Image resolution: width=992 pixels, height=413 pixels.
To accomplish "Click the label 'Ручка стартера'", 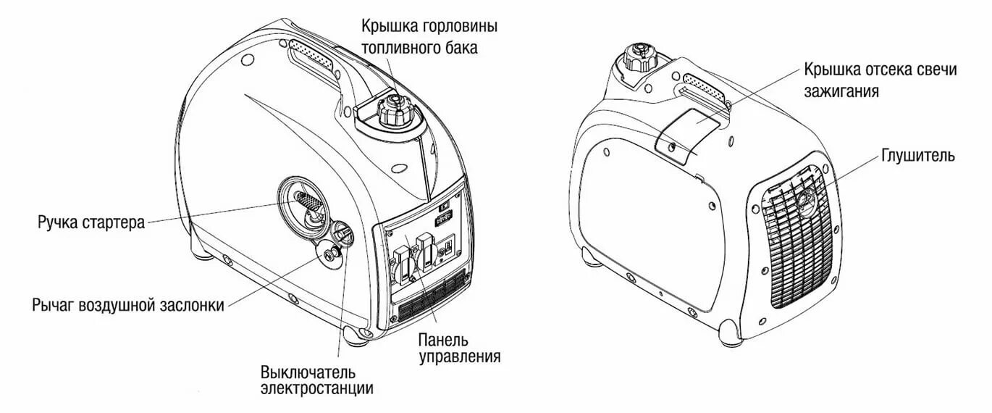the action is tap(91, 221).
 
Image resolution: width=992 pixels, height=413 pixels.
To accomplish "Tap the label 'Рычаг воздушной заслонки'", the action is tap(128, 304).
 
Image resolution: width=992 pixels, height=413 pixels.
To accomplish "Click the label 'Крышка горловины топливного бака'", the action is tap(430, 37).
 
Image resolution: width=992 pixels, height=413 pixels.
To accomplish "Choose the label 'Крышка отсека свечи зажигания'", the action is tap(880, 80).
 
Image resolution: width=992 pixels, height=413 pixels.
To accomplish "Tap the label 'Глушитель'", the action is tap(918, 156).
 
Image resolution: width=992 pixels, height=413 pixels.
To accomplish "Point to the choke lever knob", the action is tap(341, 233).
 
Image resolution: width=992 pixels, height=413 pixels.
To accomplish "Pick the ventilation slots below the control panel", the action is tap(433, 297).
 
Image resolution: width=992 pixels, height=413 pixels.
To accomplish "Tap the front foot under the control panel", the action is tap(356, 334).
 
